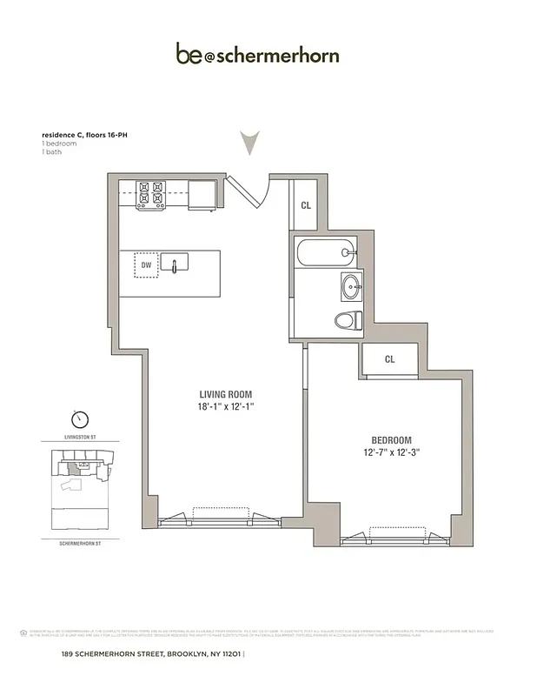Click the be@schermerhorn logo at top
coord(257,56)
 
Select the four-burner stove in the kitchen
coord(151,196)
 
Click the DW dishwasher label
coord(145,264)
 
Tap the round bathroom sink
coord(353,286)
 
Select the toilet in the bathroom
coord(348,320)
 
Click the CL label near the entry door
coord(306,206)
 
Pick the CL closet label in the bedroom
coord(389,358)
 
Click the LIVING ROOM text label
coord(225,392)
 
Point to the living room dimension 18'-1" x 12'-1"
coord(225,406)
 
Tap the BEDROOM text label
coord(390,439)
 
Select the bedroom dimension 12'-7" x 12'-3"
coord(390,453)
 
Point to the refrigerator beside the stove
coord(202,195)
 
